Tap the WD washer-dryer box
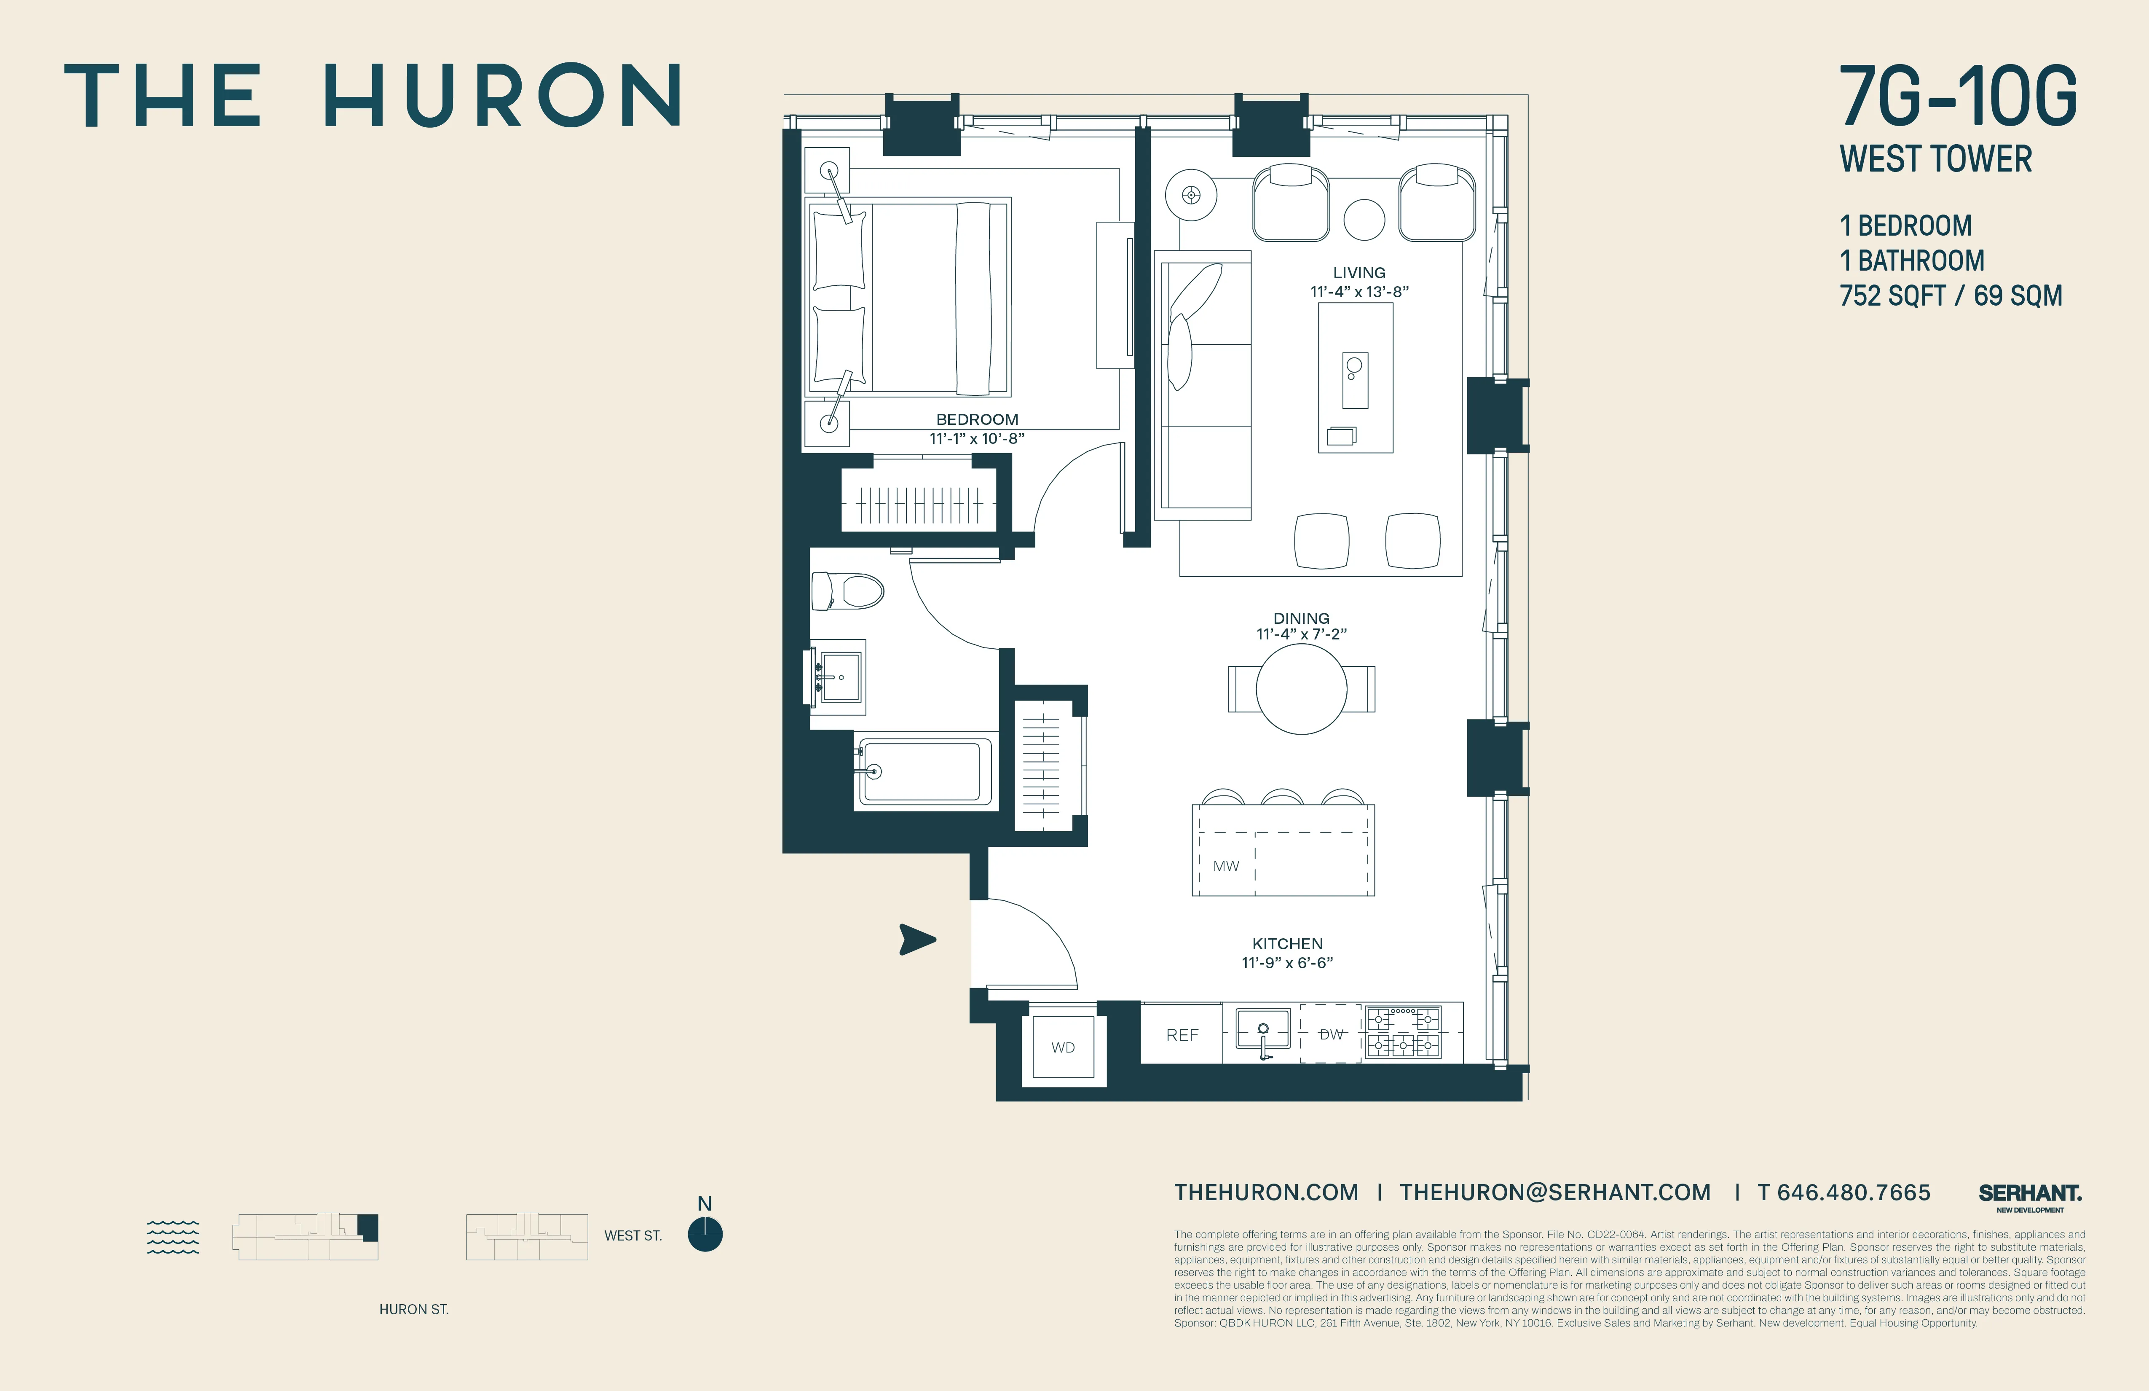(x=1063, y=1047)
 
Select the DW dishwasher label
(x=1331, y=1034)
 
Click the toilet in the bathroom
(x=847, y=592)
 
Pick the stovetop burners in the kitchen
(x=1402, y=1032)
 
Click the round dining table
(x=1301, y=689)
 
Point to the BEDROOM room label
(x=977, y=419)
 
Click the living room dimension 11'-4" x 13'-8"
(x=1359, y=292)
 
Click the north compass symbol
(x=704, y=1234)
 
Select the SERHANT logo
(x=2030, y=1194)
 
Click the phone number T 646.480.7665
(x=1844, y=1192)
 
